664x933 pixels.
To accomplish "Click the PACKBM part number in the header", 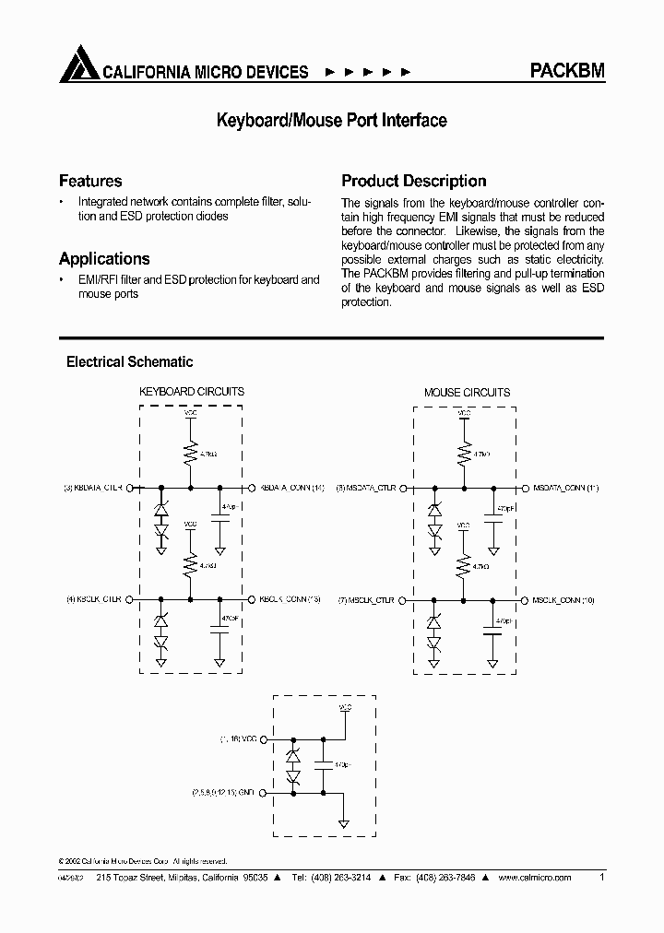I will coord(567,71).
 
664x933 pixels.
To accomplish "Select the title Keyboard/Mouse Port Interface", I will coord(331,121).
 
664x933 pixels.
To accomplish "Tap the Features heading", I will coord(90,181).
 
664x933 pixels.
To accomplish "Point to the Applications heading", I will coord(104,259).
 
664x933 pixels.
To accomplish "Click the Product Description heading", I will coord(414,181).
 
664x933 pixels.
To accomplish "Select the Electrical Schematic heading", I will coord(129,362).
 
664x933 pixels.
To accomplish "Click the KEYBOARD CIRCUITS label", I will coord(191,392).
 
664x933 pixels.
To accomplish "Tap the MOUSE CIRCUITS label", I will coord(467,392).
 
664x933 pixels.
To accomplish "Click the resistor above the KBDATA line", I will coord(191,453).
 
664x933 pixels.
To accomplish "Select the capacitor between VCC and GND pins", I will coord(324,765).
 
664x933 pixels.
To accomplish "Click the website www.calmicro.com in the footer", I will coord(534,879).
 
